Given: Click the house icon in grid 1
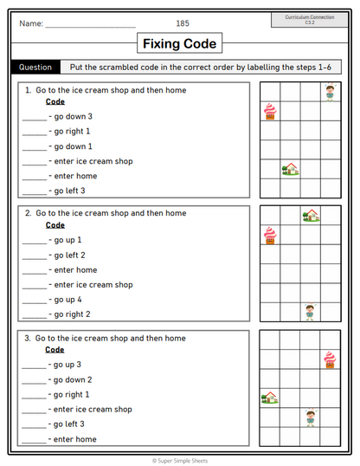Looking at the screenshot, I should (x=290, y=169).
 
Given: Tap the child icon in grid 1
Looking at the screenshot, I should (x=329, y=91).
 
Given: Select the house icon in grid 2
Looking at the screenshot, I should (x=310, y=215).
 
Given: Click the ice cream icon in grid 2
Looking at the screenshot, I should (x=269, y=235).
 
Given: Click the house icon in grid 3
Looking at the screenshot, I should (x=270, y=398).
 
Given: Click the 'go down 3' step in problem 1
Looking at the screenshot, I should (x=74, y=117).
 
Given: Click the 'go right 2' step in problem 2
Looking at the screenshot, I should (x=74, y=314).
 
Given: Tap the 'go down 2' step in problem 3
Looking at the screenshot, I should (x=74, y=379).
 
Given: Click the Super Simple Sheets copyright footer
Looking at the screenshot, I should (x=180, y=460).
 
